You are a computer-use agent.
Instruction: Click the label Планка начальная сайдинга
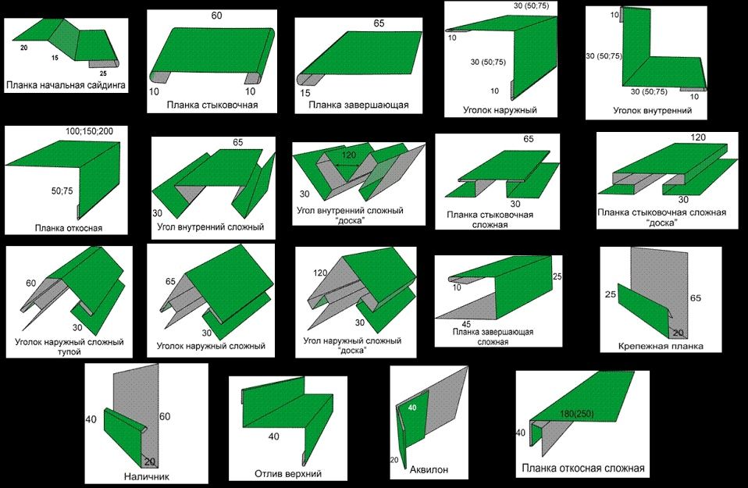click(66, 85)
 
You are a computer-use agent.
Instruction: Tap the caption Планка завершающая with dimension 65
click(358, 105)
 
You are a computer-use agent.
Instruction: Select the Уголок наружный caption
click(500, 110)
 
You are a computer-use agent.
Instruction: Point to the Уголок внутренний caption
click(652, 111)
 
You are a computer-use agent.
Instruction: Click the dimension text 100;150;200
click(90, 131)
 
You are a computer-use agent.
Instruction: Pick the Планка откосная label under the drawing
click(69, 228)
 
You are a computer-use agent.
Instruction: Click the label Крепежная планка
click(661, 347)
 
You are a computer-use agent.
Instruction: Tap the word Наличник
click(147, 476)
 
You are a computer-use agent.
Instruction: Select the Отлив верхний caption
click(288, 474)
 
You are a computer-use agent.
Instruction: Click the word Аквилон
click(429, 470)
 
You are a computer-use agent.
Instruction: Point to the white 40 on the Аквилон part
click(412, 408)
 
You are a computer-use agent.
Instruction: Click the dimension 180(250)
click(577, 414)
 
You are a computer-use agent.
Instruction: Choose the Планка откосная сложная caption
click(583, 468)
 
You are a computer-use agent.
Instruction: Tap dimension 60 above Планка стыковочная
click(216, 16)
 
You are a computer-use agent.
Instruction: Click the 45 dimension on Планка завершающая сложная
click(466, 324)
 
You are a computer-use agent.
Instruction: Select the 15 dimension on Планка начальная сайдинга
click(55, 58)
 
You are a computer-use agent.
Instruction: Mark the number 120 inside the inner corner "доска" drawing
click(349, 155)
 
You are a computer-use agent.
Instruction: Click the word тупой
click(69, 352)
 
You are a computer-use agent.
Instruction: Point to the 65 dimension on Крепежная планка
click(696, 298)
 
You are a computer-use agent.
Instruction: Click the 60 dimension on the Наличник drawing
click(165, 416)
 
